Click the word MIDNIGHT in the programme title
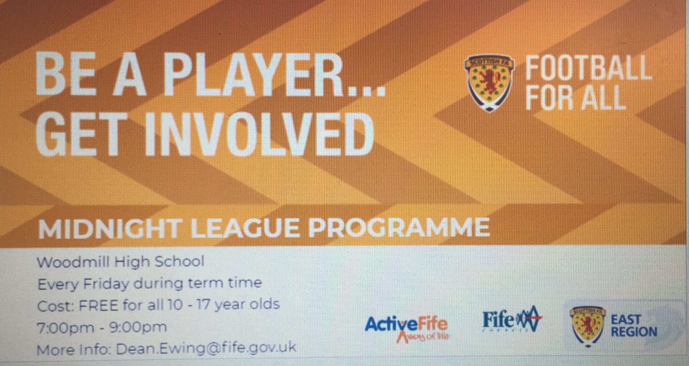point(109,228)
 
